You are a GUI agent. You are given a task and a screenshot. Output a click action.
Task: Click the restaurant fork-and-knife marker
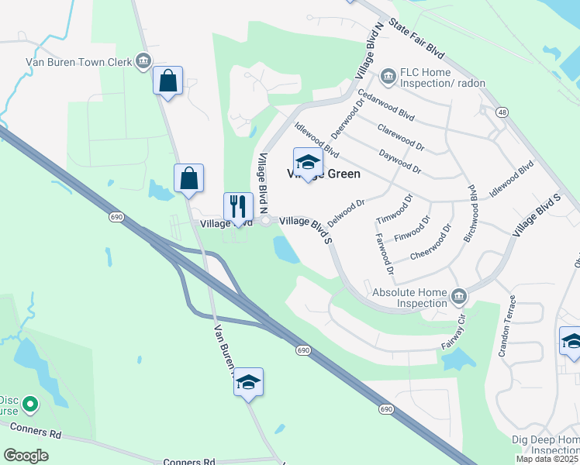[238, 207]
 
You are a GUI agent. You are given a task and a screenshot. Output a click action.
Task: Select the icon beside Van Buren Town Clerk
[143, 61]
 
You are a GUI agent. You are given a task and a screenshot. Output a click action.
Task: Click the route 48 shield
[503, 113]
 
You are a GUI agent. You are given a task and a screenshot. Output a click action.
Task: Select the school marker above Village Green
[308, 162]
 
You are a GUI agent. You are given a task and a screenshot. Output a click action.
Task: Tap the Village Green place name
[323, 174]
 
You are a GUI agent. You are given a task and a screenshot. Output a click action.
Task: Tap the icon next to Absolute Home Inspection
[459, 296]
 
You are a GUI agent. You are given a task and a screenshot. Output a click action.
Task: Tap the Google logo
[26, 455]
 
